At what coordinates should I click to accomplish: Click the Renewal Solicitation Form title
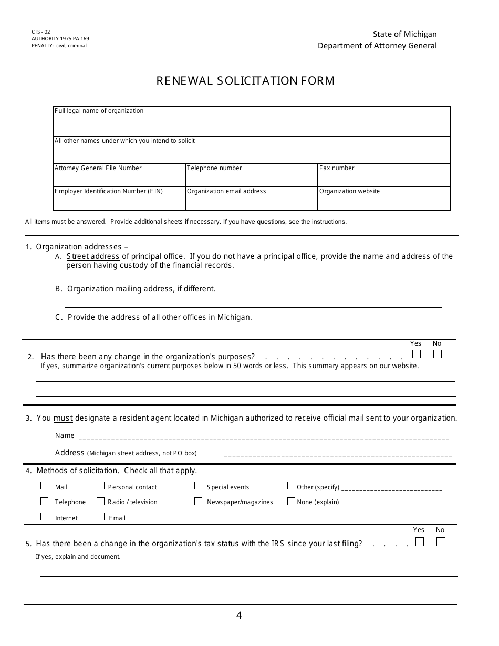coord(246,81)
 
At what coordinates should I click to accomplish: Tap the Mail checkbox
coord(45,486)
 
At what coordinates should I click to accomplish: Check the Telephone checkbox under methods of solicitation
coord(45,501)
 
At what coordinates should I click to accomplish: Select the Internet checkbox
coord(45,517)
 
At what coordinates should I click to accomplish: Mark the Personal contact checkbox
coord(101,486)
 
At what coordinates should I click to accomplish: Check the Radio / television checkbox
coord(101,501)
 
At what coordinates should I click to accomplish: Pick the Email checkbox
coord(101,517)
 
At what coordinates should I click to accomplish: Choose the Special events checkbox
coord(198,486)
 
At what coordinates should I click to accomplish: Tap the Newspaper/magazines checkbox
coord(198,501)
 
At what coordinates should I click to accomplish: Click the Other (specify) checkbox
coord(291,486)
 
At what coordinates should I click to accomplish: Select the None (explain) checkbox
coord(291,501)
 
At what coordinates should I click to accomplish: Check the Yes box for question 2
coord(417,354)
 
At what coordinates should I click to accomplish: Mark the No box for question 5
coord(441,541)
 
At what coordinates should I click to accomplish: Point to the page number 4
coord(239,616)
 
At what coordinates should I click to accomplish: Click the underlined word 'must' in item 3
coord(63,418)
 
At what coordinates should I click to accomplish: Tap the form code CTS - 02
coord(41,32)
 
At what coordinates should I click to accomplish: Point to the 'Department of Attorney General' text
coord(377,46)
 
